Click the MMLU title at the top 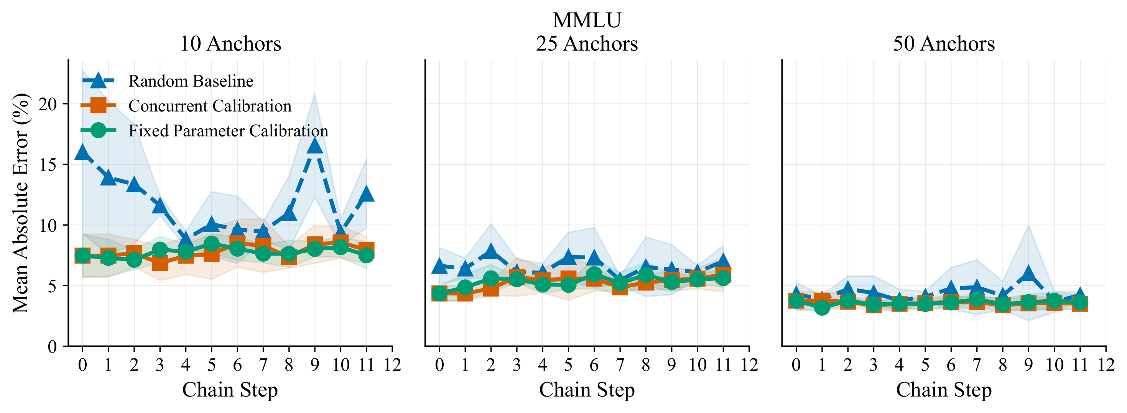pos(586,20)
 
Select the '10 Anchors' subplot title pos(230,44)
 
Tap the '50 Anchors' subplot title pos(944,44)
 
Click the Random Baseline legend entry pos(191,81)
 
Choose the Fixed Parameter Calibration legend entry pos(228,131)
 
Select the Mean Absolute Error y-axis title pos(21,203)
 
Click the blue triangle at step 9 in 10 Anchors pos(314,146)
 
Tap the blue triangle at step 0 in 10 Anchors pos(82,152)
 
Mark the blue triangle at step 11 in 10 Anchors pos(366,193)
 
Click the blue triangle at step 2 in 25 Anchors pos(491,252)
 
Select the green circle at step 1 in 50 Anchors pos(822,307)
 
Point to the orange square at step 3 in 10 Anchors pos(160,264)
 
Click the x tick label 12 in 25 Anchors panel pos(749,364)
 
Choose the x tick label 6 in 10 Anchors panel pos(237,364)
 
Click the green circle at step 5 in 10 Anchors pos(211,244)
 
